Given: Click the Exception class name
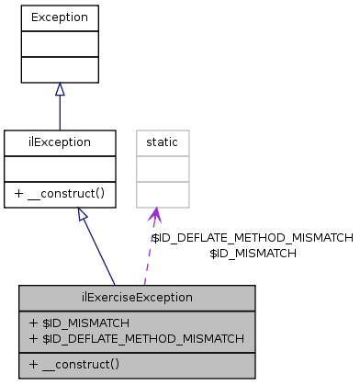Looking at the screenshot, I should coord(60,17).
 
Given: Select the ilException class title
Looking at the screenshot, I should coord(60,143).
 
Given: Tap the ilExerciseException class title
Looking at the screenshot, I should coord(137,298).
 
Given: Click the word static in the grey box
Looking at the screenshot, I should coord(163,143).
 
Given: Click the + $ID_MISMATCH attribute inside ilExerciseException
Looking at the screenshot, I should coord(79,323).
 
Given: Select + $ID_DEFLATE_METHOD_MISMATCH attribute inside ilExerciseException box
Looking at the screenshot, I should coord(136,338).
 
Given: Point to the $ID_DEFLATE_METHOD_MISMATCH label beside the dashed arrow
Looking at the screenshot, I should coord(252,237).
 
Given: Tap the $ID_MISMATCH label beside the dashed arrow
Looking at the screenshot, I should coord(253,253).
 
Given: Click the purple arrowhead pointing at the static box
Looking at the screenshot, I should coord(155,215).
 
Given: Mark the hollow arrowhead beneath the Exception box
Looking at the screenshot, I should coord(60,89).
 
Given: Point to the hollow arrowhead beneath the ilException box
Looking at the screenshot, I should coord(83,215).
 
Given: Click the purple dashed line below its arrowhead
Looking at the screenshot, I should coord(149,257).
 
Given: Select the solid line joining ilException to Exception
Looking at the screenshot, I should coord(60,112).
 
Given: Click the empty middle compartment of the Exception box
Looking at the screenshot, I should coord(60,43).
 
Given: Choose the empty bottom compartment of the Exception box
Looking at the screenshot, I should coord(60,69).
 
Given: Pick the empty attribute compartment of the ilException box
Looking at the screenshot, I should coord(60,169).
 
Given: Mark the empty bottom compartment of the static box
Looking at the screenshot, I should coord(163,194).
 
